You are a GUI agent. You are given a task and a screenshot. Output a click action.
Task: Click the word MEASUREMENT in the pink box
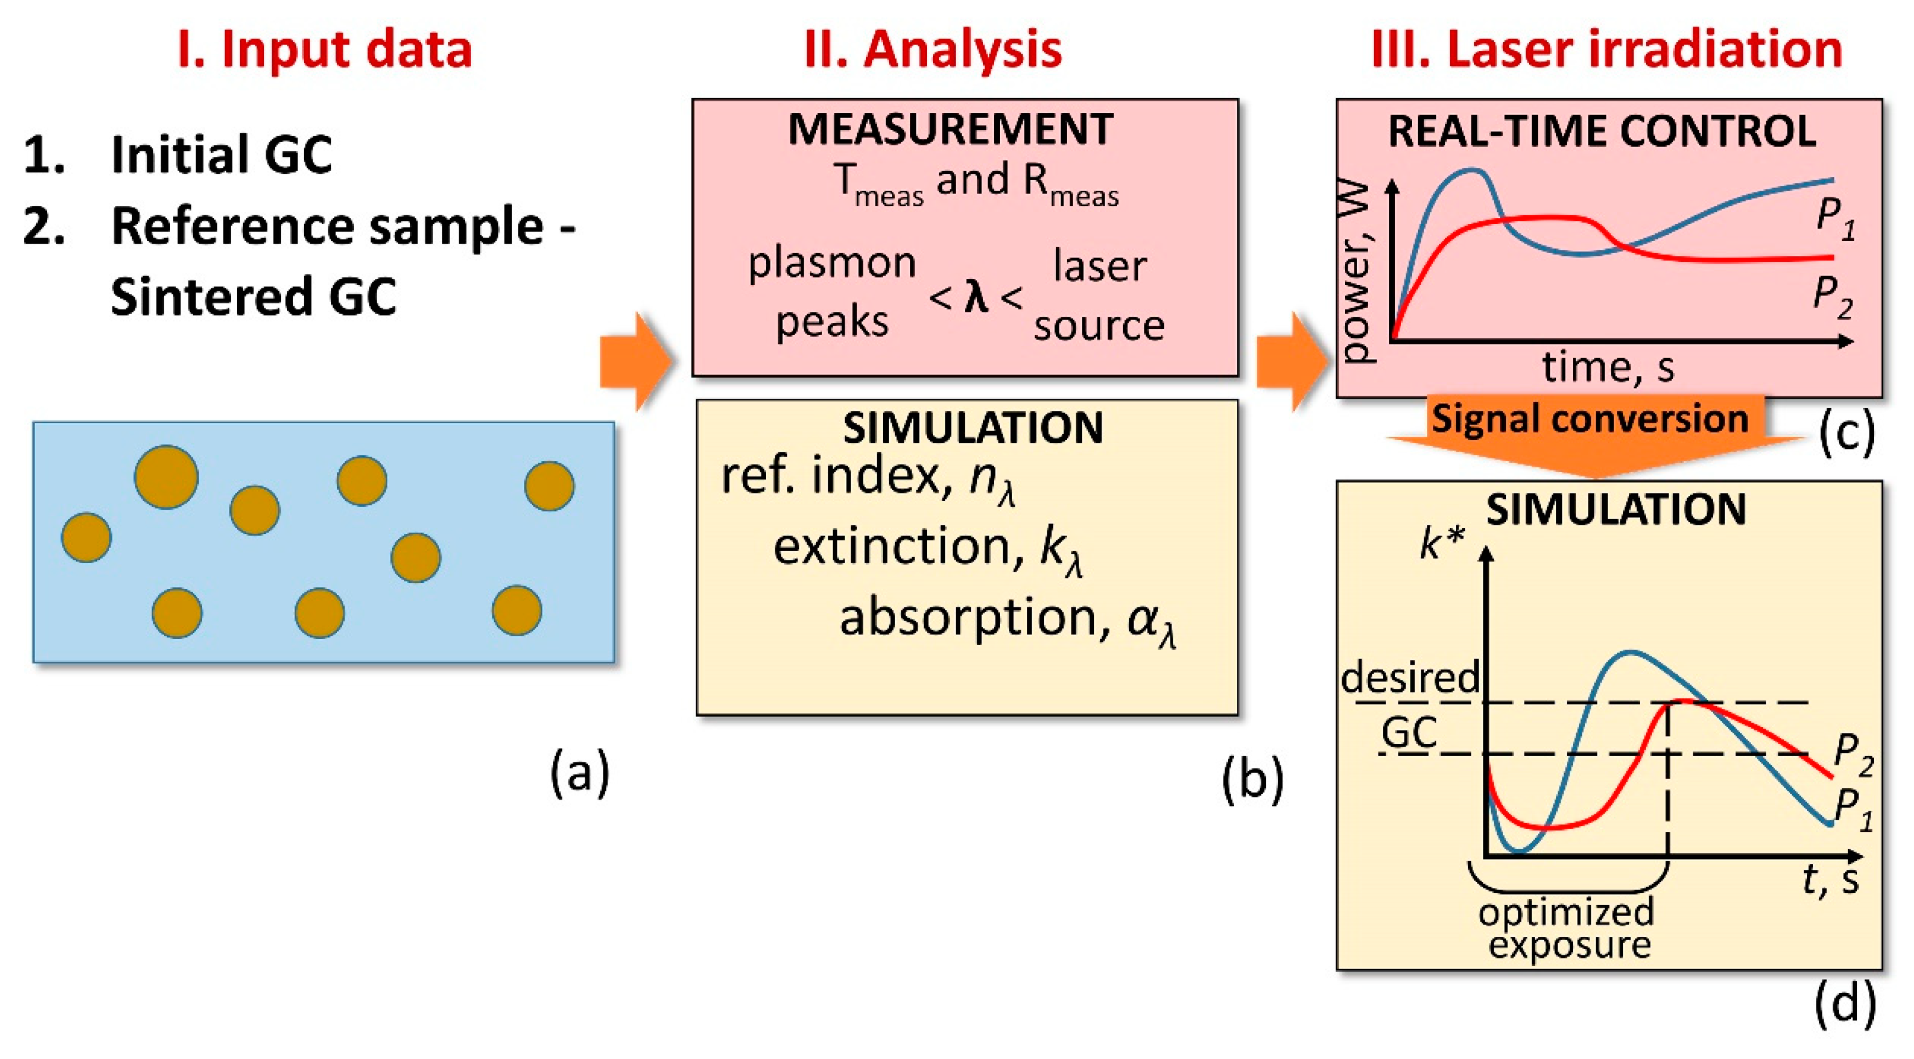click(950, 129)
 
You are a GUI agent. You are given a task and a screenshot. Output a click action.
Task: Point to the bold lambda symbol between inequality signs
click(975, 297)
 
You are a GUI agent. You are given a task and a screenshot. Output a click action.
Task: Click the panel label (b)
click(1253, 780)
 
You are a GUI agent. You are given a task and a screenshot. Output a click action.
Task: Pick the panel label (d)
click(1845, 1004)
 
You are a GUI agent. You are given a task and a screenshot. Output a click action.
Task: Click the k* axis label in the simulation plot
click(1441, 543)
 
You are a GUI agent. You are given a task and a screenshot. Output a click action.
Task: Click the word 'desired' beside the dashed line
click(1410, 678)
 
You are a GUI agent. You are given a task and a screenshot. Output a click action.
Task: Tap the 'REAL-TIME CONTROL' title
click(1602, 132)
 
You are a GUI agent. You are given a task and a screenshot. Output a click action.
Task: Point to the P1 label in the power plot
click(1835, 220)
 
